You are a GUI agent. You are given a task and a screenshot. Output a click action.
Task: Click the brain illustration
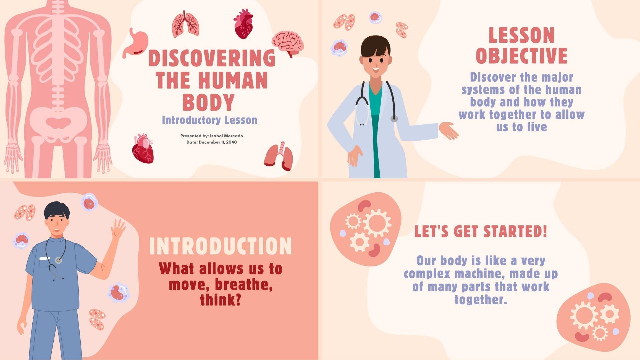pyautogui.click(x=287, y=42)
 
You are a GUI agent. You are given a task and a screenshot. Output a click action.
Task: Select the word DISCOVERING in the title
pyautogui.click(x=212, y=58)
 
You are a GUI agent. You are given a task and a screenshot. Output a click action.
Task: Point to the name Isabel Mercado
pyautogui.click(x=226, y=136)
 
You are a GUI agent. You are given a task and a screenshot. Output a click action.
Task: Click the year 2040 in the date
pyautogui.click(x=231, y=142)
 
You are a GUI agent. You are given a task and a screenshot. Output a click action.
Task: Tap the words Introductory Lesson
pyautogui.click(x=209, y=120)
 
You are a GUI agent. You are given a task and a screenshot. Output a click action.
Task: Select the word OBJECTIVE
pyautogui.click(x=521, y=56)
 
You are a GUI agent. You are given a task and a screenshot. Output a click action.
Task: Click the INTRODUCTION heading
pyautogui.click(x=220, y=246)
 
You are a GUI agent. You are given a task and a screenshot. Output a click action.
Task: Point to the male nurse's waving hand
pyautogui.click(x=118, y=228)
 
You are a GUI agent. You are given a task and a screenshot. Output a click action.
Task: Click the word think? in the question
pyautogui.click(x=220, y=300)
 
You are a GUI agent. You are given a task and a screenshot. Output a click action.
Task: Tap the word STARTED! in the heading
pyautogui.click(x=515, y=231)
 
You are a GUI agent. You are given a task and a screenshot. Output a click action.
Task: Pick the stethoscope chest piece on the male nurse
pyautogui.click(x=59, y=260)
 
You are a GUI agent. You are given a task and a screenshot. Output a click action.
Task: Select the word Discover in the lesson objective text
pyautogui.click(x=488, y=77)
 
